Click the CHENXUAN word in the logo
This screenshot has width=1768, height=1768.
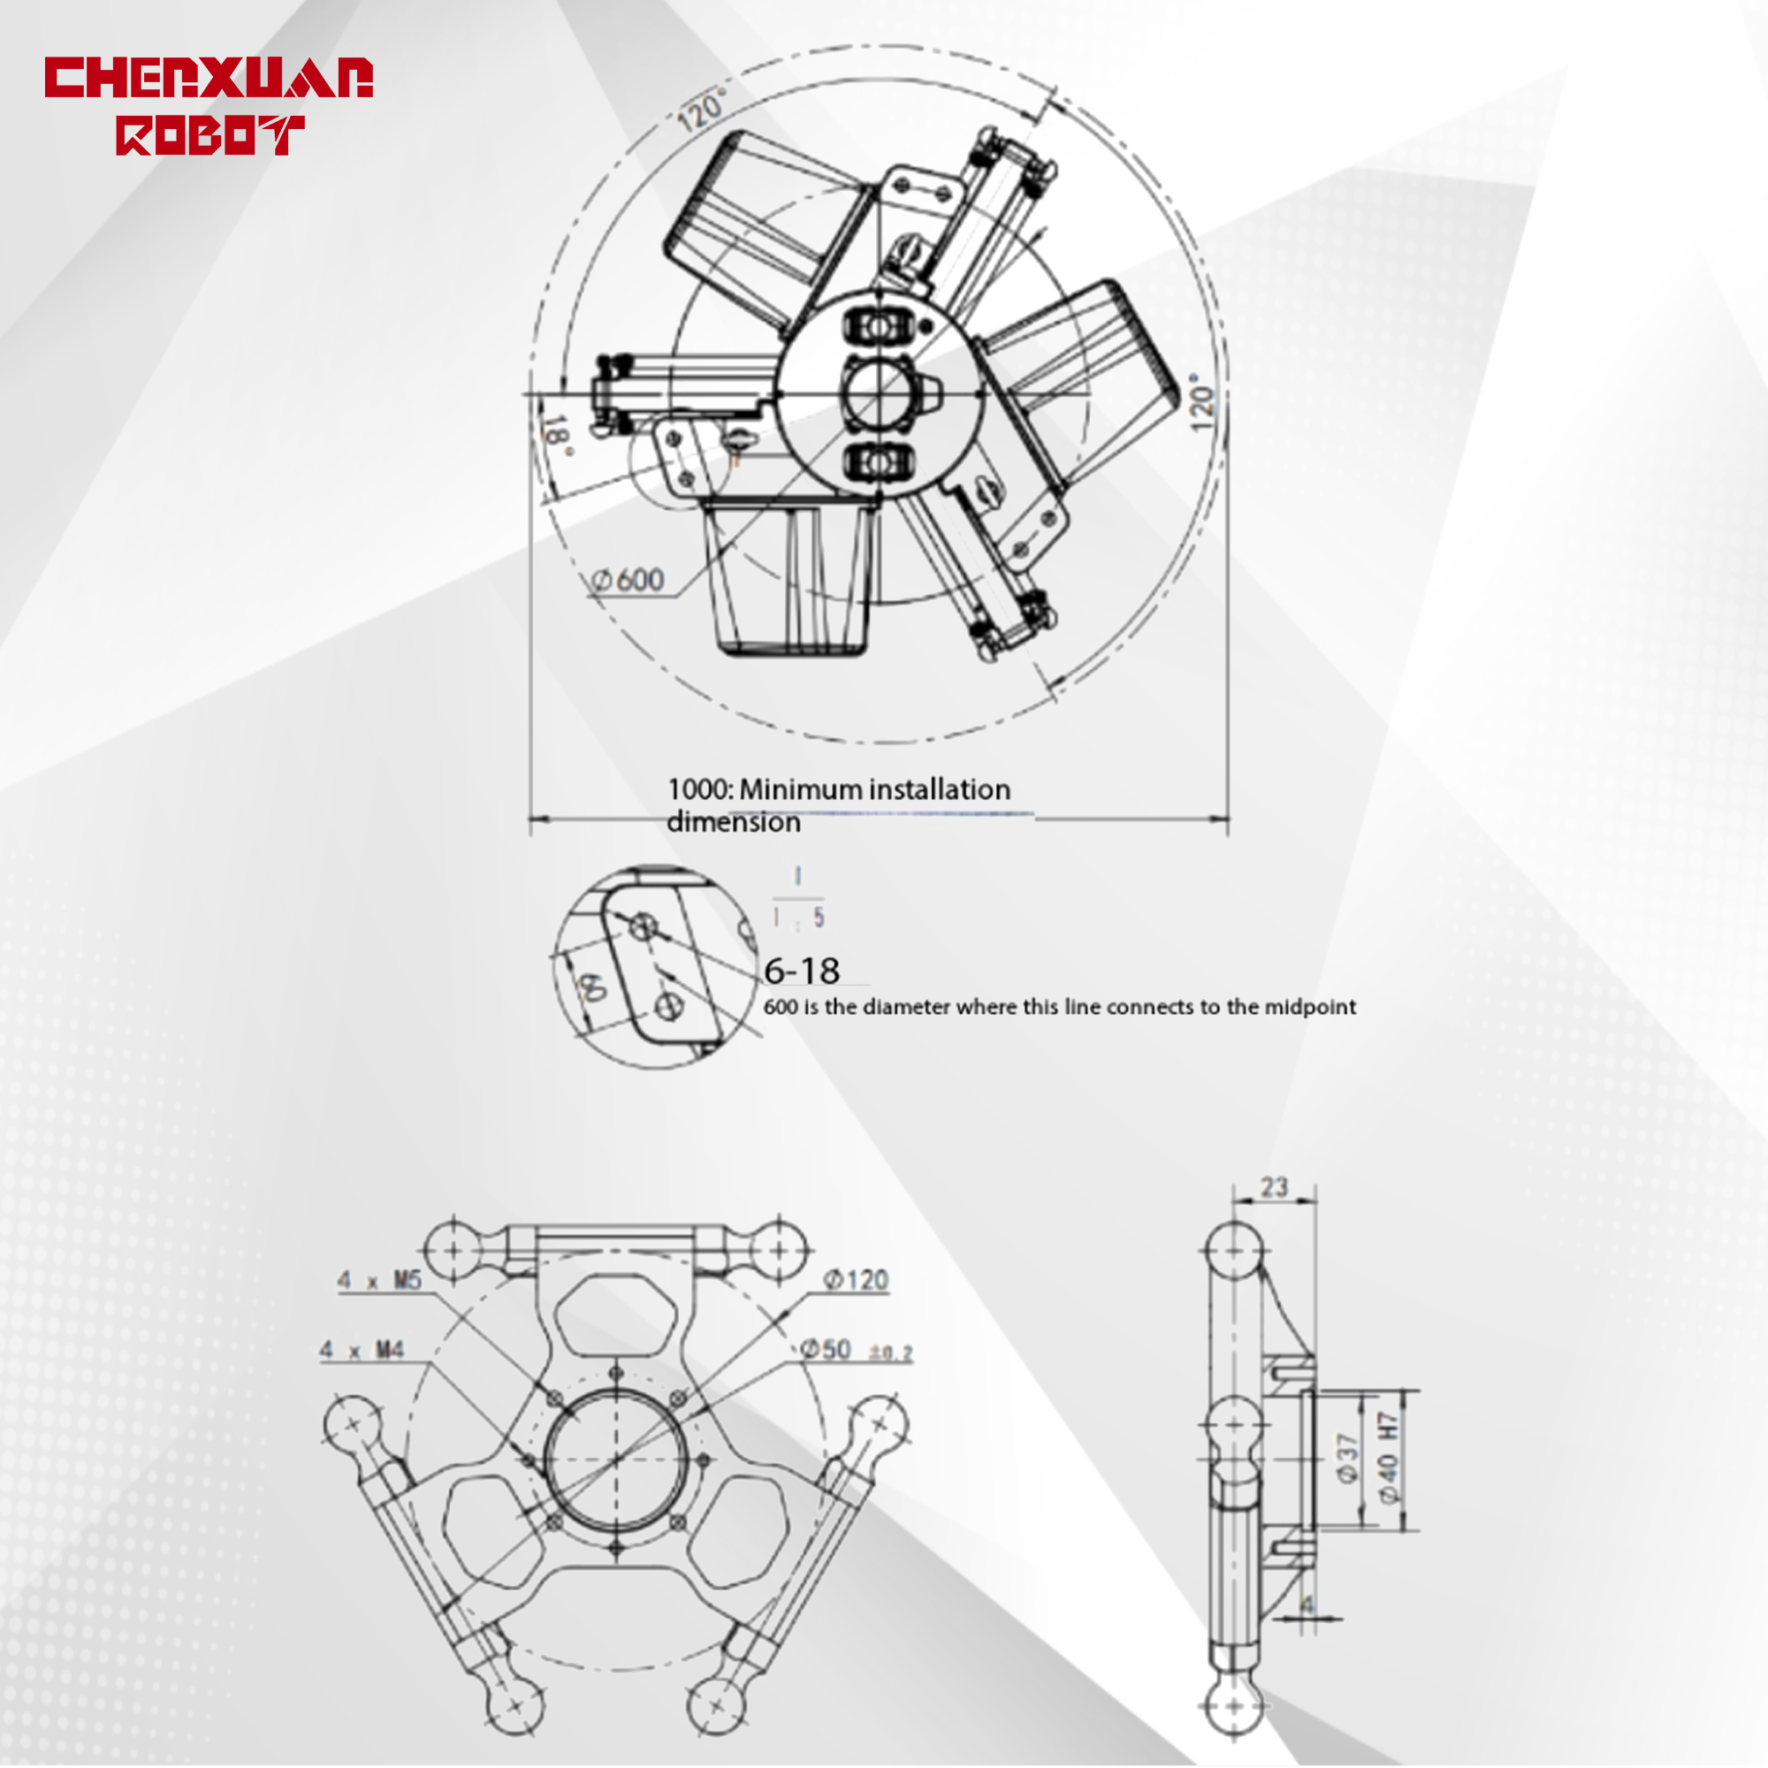point(209,78)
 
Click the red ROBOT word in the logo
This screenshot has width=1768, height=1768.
point(210,135)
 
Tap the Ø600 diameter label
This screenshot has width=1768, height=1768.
point(629,580)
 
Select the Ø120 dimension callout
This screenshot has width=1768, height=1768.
point(856,1279)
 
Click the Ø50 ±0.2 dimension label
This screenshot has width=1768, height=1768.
point(856,1350)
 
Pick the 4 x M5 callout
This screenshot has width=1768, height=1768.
point(379,1279)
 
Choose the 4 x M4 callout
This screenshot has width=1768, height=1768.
point(362,1349)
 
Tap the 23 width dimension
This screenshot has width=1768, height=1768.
point(1274,1187)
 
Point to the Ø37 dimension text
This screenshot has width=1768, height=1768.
point(1346,1458)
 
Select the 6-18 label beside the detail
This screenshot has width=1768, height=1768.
point(802,971)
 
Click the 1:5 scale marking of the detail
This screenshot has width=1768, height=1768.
point(797,917)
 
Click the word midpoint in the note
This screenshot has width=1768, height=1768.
point(1309,1007)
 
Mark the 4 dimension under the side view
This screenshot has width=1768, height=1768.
point(1306,1605)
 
